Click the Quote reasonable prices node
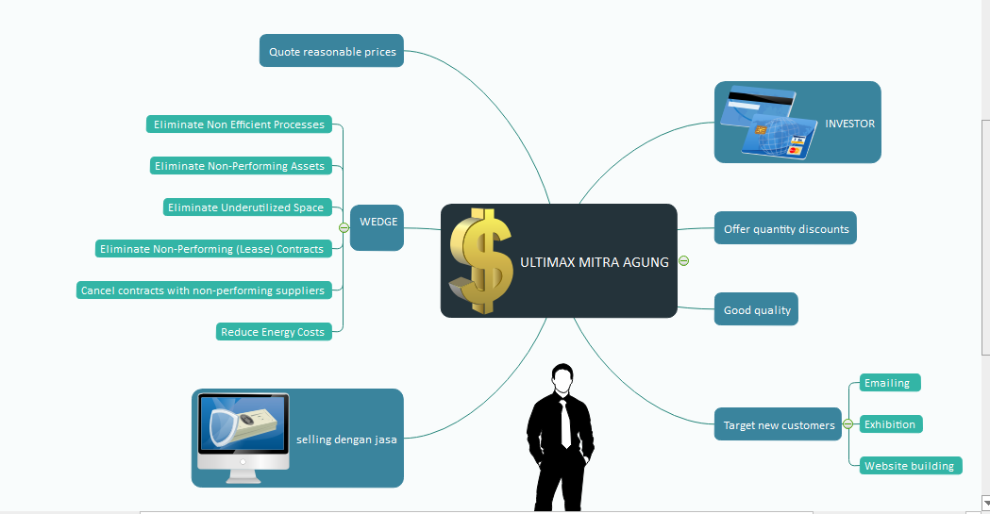click(331, 51)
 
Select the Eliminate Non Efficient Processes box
click(239, 124)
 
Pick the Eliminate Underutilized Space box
click(245, 207)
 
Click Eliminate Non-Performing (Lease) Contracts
click(212, 249)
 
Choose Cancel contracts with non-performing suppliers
click(203, 290)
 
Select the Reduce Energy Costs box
click(272, 332)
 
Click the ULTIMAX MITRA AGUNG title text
click(594, 262)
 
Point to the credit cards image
click(766, 123)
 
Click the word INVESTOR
click(849, 124)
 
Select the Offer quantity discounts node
click(785, 228)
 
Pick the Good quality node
click(756, 309)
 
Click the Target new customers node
click(779, 424)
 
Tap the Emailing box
click(888, 383)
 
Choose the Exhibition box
click(890, 424)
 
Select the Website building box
click(910, 466)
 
